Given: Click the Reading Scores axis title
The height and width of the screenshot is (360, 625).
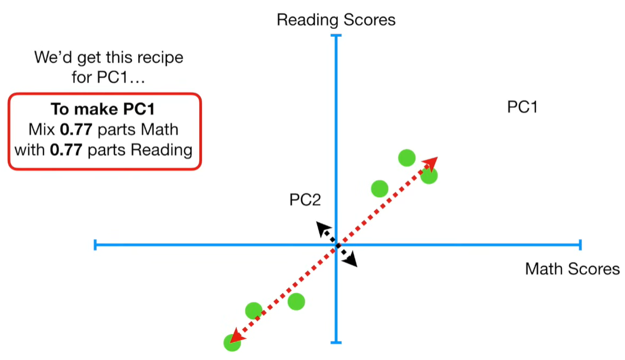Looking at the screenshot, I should pyautogui.click(x=336, y=20).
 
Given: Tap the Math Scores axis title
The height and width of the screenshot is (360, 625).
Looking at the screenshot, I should pyautogui.click(x=572, y=269).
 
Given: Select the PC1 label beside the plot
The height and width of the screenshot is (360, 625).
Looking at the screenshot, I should pyautogui.click(x=522, y=107).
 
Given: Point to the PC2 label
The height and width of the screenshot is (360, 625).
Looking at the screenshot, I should pyautogui.click(x=305, y=200).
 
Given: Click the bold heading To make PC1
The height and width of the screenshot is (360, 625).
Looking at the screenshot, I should pyautogui.click(x=104, y=109).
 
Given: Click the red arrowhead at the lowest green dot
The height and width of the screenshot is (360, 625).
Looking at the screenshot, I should pyautogui.click(x=235, y=338).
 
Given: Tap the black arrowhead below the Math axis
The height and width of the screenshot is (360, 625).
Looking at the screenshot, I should pyautogui.click(x=351, y=261).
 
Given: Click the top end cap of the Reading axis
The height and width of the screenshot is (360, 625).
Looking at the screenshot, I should pyautogui.click(x=336, y=35).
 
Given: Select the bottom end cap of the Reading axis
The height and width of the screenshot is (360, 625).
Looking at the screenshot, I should pyautogui.click(x=336, y=342).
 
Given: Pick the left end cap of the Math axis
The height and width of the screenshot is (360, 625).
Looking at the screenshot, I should pyautogui.click(x=96, y=245).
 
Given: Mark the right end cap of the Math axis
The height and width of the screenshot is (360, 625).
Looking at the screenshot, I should pyautogui.click(x=580, y=245).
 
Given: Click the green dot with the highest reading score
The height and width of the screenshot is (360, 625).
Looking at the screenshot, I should pyautogui.click(x=406, y=158).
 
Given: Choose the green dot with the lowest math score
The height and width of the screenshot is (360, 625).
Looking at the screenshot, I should pyautogui.click(x=232, y=343).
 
